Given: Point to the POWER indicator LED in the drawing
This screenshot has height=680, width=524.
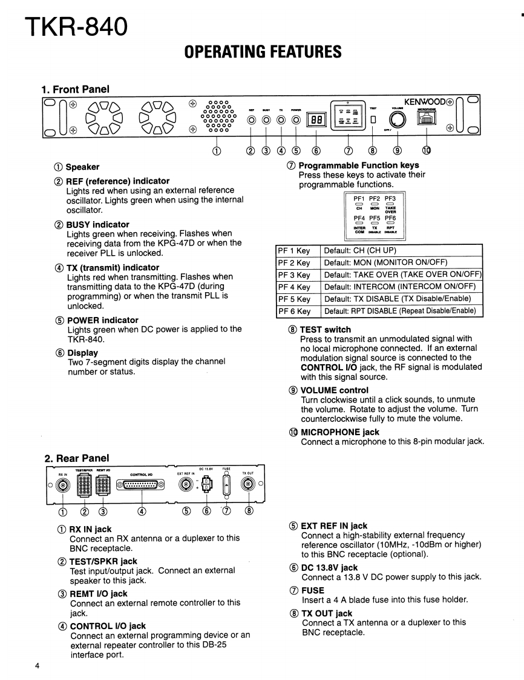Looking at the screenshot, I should click(x=296, y=120).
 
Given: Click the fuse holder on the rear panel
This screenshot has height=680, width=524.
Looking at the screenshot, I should click(x=227, y=484).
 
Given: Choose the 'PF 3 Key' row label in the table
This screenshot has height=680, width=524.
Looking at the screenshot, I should click(x=294, y=275).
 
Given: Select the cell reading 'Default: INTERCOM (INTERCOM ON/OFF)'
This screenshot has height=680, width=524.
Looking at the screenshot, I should click(x=400, y=287).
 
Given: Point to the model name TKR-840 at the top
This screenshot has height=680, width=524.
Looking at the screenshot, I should click(x=77, y=26).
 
